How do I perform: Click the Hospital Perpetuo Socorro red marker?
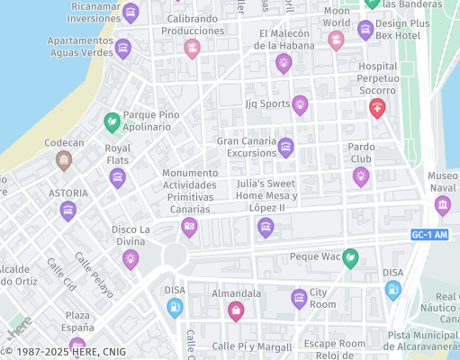click(377, 108)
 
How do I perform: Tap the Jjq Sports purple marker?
click(300, 105)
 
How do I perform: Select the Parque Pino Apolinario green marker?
click(112, 120)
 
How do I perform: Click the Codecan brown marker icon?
click(64, 160)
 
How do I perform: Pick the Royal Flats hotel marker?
click(118, 177)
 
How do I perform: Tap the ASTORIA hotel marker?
click(68, 211)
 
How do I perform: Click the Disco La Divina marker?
click(131, 259)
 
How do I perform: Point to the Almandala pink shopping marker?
click(236, 310)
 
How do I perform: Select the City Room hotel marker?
click(299, 298)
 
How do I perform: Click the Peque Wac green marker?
click(350, 257)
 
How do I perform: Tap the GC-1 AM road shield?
click(428, 234)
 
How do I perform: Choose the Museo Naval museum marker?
click(443, 204)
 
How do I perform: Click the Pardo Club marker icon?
click(361, 175)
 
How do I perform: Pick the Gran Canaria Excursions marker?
click(286, 147)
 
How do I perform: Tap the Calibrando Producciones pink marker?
click(192, 48)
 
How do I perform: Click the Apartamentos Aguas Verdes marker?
click(123, 48)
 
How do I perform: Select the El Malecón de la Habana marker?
click(284, 62)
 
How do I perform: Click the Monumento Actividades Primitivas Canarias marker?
click(189, 226)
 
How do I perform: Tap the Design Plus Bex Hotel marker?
click(365, 29)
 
